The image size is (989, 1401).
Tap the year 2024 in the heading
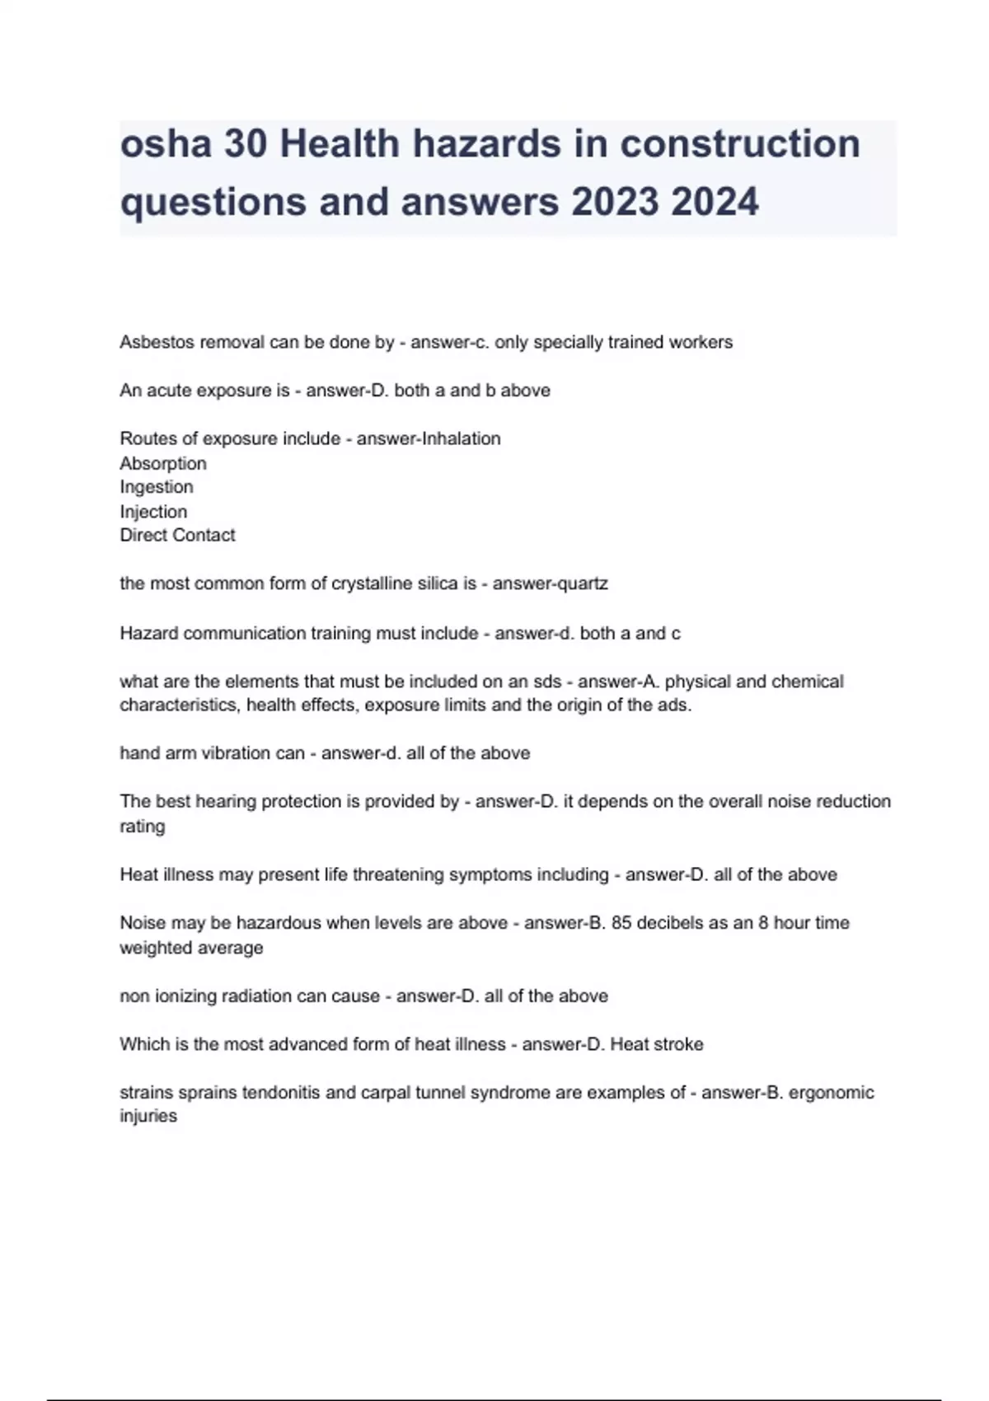pyautogui.click(x=715, y=202)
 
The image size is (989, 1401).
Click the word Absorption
pyautogui.click(x=163, y=463)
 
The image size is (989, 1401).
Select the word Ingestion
pyautogui.click(x=157, y=487)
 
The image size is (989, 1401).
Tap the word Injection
pyautogui.click(x=153, y=512)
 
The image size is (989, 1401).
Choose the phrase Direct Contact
pyautogui.click(x=177, y=536)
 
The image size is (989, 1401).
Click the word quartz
pyautogui.click(x=583, y=584)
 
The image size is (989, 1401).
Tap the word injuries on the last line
pyautogui.click(x=148, y=1117)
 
